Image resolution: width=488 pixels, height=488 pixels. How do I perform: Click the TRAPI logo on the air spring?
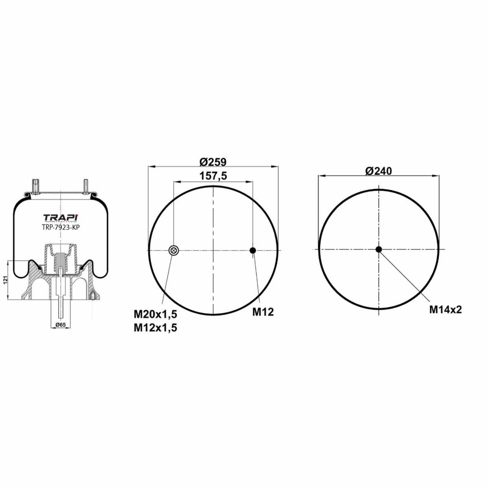coord(60,218)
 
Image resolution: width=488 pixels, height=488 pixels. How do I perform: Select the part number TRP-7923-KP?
coord(61,227)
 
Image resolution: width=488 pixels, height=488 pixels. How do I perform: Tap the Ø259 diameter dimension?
coord(213,162)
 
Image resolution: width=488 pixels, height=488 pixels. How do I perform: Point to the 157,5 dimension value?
coord(213,176)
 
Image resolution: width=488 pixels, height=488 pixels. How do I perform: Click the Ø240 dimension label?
coord(378,171)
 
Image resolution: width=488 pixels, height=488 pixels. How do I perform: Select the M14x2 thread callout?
coord(445,309)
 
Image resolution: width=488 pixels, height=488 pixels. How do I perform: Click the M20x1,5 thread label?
coord(155,314)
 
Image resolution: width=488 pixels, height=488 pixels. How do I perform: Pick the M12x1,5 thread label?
coord(155,327)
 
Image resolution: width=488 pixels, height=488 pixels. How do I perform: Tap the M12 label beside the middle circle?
coord(262,312)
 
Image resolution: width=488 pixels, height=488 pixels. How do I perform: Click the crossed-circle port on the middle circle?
coord(174,250)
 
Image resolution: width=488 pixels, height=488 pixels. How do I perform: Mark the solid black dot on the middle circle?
coord(253,250)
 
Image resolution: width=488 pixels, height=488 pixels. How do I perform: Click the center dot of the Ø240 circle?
coord(379,250)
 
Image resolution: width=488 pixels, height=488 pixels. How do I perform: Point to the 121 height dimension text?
coord(6,280)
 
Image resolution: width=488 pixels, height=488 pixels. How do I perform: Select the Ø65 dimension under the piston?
coord(60,324)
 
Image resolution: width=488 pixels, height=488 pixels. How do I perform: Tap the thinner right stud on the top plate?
coord(85,186)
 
